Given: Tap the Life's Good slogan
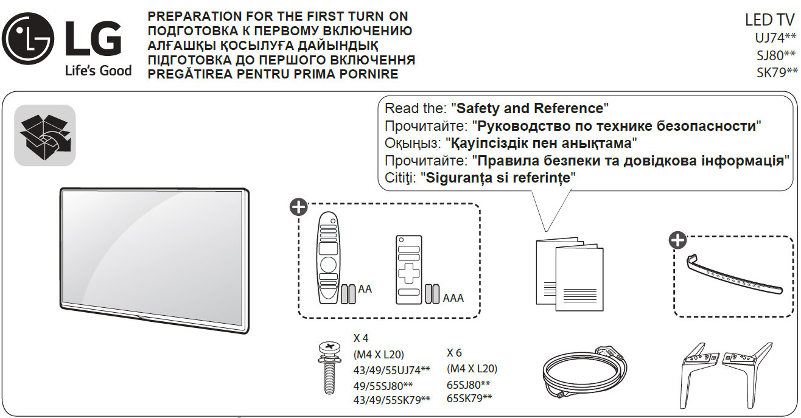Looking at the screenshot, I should (x=98, y=71).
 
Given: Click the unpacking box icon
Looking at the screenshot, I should (x=45, y=135).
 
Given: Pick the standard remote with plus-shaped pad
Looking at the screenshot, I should (x=408, y=270).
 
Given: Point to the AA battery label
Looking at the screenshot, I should (x=365, y=290).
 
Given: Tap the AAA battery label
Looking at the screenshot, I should (x=453, y=298).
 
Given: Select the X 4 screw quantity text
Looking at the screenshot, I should (x=361, y=338).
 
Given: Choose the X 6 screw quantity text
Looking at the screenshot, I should (x=454, y=352).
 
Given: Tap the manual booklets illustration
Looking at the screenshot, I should (x=568, y=274).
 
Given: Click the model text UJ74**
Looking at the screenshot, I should (x=775, y=38).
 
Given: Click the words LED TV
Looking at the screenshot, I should (x=769, y=20).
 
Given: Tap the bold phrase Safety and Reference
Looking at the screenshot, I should (x=530, y=109).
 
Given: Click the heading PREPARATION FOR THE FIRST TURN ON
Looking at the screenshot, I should (x=278, y=16).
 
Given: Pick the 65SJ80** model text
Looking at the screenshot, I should (x=468, y=384).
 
